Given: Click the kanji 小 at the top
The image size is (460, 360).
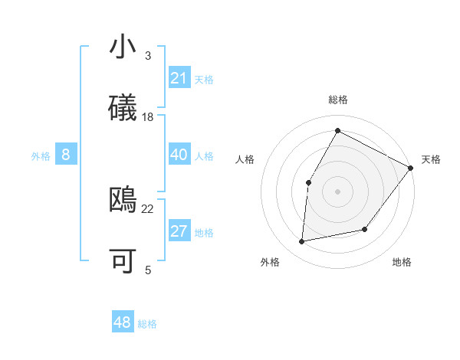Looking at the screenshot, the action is tap(123, 47).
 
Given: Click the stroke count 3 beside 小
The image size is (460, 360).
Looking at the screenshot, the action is tap(148, 56).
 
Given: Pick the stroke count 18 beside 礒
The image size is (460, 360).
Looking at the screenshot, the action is tap(148, 117).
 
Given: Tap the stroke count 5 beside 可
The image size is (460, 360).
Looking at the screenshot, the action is tap(148, 270).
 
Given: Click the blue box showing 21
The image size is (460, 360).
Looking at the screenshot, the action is tap(179, 78).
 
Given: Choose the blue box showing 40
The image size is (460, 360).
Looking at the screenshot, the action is tap(179, 155).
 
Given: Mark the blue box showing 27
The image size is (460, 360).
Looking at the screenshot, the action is tap(179, 231).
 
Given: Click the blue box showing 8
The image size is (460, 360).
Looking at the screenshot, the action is tap(66, 155).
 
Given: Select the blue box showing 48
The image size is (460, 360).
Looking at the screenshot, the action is tap(122, 322).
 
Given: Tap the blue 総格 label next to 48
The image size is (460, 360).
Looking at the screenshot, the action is tap(147, 324).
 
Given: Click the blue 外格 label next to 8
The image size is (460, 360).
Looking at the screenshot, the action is tap(41, 156).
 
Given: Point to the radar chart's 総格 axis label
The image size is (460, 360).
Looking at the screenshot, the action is tap(337, 100).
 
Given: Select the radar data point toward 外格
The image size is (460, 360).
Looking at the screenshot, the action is tap(302, 242).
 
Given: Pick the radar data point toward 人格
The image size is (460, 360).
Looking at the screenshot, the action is tap(308, 182).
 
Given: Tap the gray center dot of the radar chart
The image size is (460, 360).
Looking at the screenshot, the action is tap(337, 191).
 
